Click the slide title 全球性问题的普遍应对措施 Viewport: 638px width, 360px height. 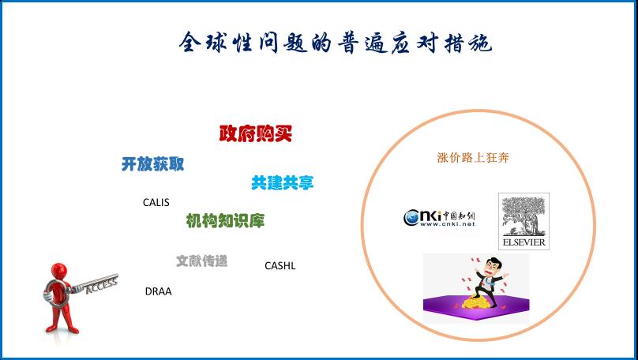(336, 43)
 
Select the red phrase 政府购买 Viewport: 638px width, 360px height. (256, 133)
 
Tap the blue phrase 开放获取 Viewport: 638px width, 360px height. (152, 164)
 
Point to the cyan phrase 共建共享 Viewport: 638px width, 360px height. (283, 182)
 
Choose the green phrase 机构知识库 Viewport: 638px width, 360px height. (225, 220)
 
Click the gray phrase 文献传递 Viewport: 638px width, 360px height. (201, 261)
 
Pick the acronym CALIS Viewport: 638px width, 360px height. (156, 202)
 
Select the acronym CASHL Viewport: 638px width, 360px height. (280, 265)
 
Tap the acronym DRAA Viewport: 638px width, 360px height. (158, 291)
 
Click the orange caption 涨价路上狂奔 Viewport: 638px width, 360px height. (473, 157)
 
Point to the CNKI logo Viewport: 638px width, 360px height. (440, 218)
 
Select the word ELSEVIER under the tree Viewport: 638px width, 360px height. (524, 242)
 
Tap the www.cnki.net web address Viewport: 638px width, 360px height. (447, 223)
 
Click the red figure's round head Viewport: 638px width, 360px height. (59, 272)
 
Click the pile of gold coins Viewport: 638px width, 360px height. (476, 302)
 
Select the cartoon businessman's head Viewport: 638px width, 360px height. (494, 266)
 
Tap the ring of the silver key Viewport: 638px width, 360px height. (56, 292)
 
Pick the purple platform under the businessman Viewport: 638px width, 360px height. (476, 306)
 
